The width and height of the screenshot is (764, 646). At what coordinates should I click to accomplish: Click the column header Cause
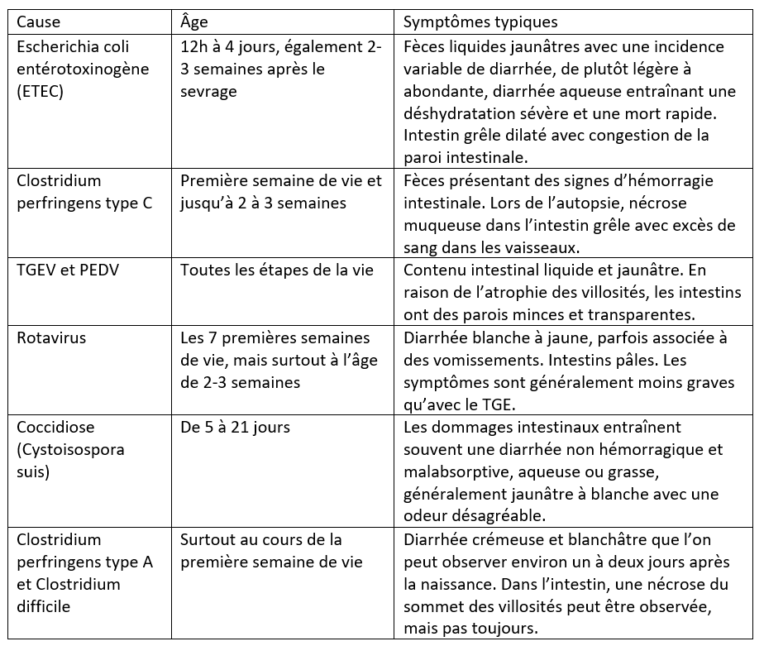click(39, 21)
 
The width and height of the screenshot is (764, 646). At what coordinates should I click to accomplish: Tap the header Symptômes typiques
click(480, 21)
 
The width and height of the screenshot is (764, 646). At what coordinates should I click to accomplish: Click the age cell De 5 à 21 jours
click(236, 428)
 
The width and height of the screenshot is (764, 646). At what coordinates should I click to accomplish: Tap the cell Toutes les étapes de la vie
click(277, 270)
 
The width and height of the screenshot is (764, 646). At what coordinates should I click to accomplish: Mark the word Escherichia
click(57, 46)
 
